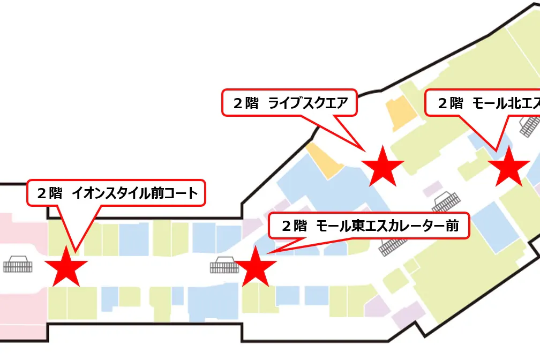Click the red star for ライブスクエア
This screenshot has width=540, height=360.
(x=382, y=167)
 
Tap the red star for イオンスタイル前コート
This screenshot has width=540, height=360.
(x=66, y=267)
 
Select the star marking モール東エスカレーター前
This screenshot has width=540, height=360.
(x=256, y=267)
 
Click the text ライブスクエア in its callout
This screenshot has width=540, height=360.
(x=309, y=103)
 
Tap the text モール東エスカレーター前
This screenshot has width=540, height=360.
(x=387, y=226)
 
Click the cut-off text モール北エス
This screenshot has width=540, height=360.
(x=505, y=103)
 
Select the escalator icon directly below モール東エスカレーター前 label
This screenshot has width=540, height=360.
(x=393, y=245)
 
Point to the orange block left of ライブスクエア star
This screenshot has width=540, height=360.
(x=325, y=161)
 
